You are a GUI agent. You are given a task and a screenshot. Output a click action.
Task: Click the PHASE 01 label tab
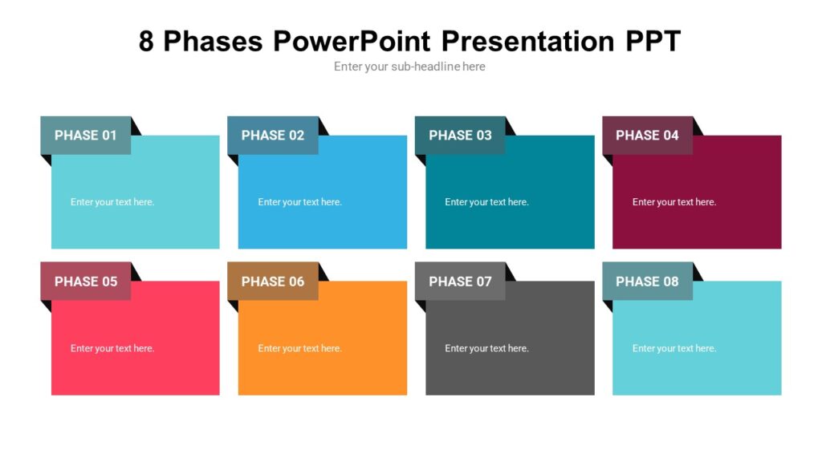click(x=86, y=136)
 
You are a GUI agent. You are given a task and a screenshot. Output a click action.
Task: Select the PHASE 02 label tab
click(x=273, y=136)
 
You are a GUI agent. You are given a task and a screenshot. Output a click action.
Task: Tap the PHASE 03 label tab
click(x=460, y=136)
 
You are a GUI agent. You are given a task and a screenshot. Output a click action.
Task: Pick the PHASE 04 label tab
click(x=647, y=136)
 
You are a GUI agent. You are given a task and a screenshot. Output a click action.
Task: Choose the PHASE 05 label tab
click(x=86, y=282)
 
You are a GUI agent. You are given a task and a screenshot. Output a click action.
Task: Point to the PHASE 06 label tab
click(x=273, y=282)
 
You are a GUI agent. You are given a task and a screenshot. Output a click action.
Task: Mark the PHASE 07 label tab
click(x=460, y=282)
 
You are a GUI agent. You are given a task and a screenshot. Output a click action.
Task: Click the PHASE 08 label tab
click(x=647, y=282)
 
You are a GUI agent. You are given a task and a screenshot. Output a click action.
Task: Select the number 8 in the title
click(x=146, y=41)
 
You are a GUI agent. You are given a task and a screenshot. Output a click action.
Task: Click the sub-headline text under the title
click(x=409, y=67)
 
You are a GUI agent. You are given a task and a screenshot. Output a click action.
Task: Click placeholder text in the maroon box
click(x=674, y=202)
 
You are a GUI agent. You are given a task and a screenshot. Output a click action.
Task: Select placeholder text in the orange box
click(x=299, y=348)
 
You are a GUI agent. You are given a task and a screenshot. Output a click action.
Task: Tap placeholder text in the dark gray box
click(x=486, y=348)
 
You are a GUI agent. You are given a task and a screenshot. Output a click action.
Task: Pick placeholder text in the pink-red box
click(x=112, y=348)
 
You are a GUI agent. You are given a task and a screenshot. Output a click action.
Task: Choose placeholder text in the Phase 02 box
click(x=299, y=202)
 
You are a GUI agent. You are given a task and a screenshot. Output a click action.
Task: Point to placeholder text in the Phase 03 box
click(x=486, y=202)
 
